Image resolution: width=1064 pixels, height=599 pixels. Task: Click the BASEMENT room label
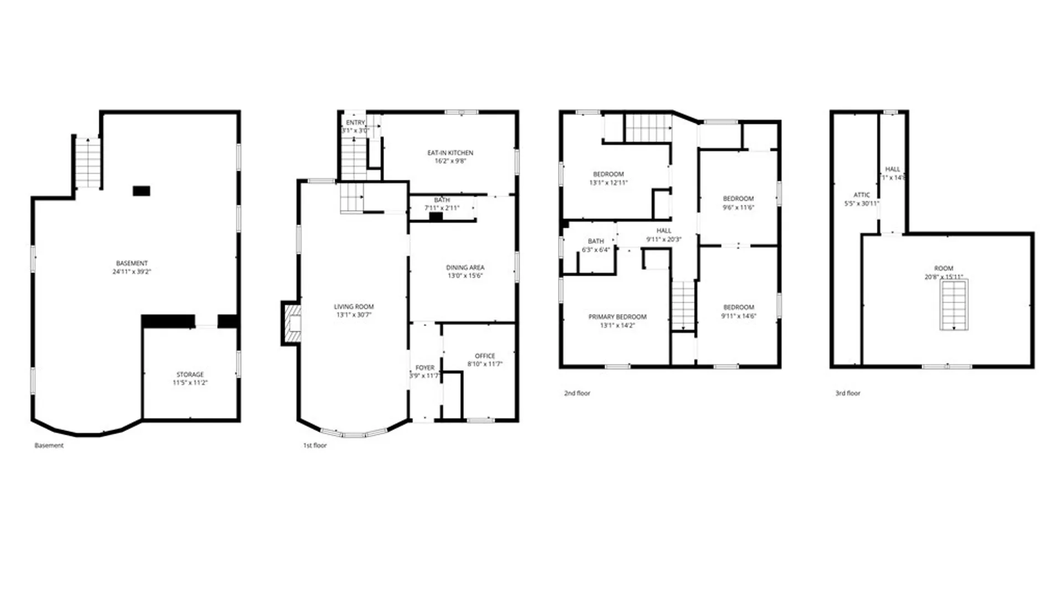point(132,263)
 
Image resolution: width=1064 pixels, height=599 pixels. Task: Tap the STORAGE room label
point(190,374)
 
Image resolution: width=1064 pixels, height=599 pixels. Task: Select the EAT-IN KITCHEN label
point(450,153)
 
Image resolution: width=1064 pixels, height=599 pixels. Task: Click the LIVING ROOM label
point(354,307)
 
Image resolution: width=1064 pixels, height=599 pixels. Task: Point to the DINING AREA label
point(465,267)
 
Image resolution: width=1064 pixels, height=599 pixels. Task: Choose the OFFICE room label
point(485,356)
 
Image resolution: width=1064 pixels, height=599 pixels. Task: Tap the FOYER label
point(425,368)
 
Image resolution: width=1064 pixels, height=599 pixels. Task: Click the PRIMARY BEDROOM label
point(617,317)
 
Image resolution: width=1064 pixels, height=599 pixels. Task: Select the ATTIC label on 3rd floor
point(862,195)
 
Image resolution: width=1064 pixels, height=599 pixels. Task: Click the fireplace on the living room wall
point(292,323)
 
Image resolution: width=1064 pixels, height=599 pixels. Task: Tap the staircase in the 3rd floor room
point(954,305)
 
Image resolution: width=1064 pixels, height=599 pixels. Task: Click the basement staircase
point(88,163)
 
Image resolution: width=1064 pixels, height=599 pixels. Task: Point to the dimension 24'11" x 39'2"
point(132,272)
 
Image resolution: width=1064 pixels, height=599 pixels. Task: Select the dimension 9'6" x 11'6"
point(738,207)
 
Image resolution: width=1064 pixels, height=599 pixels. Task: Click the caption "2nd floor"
point(577,393)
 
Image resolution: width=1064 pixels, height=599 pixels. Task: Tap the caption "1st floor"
point(315,445)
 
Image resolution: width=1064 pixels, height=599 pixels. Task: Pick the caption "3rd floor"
point(848,393)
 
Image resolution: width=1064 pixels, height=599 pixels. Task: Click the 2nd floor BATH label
point(596,241)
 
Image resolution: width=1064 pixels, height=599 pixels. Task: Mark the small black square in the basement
point(141,191)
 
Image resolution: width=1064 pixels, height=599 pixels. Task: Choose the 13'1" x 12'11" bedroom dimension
point(608,182)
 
